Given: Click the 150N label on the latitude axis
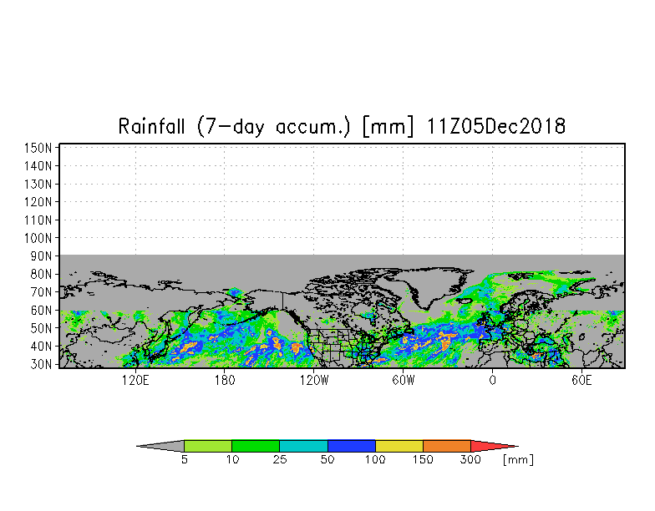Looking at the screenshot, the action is pos(38,148).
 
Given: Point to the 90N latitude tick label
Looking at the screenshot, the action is pos(41,255).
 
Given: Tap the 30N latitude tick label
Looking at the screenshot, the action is pos(41,364).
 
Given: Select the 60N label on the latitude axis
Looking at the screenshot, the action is pos(41,311).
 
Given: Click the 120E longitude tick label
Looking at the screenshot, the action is pos(135,381).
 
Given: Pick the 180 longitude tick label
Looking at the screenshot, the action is pos(225,381).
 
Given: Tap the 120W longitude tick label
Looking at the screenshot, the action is pos(314,381).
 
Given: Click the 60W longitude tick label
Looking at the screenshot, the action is pos(403,381).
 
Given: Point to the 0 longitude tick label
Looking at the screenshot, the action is pos(493,381).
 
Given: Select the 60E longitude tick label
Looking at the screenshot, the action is pos(581,381).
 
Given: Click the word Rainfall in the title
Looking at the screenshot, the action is pos(151,126).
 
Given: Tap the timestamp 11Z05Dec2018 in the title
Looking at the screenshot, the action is pos(496,126).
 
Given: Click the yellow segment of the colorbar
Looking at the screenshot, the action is pos(399,446).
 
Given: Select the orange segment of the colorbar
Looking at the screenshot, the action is pos(446,446).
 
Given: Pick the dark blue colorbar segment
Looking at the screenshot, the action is pos(351,446).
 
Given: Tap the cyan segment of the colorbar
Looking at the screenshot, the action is pos(303,446).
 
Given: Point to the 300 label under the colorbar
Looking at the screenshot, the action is pos(470,459).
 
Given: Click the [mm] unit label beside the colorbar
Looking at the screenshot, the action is pos(518,459).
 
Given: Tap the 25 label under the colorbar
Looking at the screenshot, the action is pos(280,459).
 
